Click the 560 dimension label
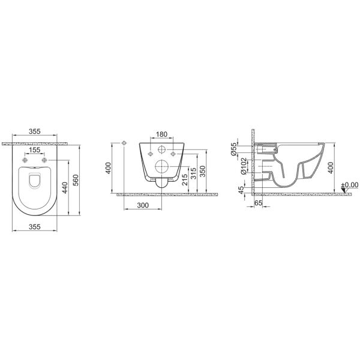click(x=76, y=180)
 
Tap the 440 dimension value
click(x=65, y=188)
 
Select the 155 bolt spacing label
click(x=35, y=150)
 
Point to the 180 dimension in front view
click(x=161, y=134)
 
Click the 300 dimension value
click(x=143, y=205)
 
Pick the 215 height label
click(x=185, y=180)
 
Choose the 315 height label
click(x=194, y=173)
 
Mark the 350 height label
click(x=202, y=171)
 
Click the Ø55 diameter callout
click(x=234, y=149)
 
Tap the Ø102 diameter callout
click(x=244, y=166)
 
